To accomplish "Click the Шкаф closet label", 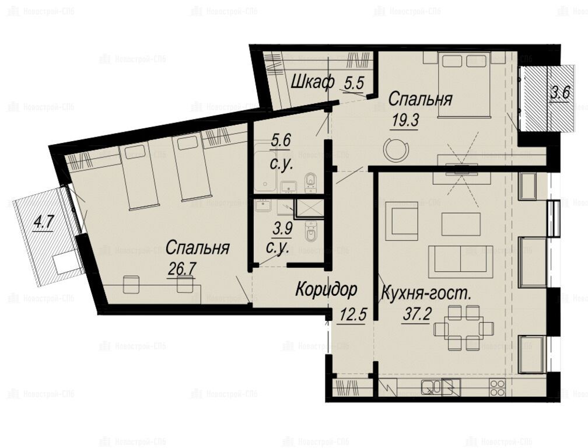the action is pos(313,82).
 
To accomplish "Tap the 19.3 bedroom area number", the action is pos(404,120).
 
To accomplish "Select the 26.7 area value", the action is pos(182,269).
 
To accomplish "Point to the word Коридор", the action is pos(326,290).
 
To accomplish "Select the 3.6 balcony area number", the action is pos(560,93).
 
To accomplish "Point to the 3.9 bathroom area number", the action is pos(282,228).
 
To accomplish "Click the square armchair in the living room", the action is pos(401,221).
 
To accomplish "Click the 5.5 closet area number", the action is pos(354,83).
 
